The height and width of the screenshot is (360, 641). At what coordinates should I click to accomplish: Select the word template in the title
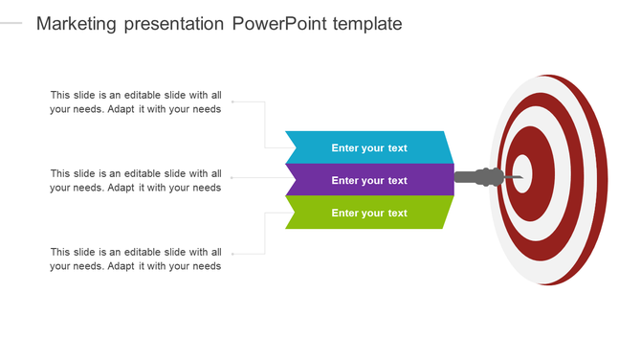click(x=367, y=24)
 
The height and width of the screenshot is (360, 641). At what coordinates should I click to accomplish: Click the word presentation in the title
click(x=176, y=24)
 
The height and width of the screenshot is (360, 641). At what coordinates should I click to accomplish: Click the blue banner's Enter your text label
click(x=369, y=147)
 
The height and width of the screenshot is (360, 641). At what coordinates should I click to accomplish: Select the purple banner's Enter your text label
click(x=369, y=180)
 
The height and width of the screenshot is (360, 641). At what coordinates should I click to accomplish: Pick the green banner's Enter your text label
click(x=369, y=213)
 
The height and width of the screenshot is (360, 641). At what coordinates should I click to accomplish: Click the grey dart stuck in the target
click(x=483, y=176)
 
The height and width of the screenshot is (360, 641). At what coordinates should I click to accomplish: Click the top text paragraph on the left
click(x=136, y=102)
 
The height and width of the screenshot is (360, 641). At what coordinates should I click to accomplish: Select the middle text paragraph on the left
click(x=136, y=180)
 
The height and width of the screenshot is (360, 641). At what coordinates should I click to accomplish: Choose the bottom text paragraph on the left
click(x=136, y=259)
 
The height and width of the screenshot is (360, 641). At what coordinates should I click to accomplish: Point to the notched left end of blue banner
click(x=291, y=147)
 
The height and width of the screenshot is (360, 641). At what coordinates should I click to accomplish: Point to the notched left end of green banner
click(x=291, y=213)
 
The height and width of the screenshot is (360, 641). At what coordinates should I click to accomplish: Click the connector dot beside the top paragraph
click(x=233, y=101)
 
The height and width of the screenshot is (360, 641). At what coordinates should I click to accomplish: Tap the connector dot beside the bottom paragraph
click(x=233, y=254)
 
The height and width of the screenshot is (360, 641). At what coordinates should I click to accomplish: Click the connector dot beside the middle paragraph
click(x=233, y=178)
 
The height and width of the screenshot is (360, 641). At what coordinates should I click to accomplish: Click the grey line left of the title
click(x=11, y=23)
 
